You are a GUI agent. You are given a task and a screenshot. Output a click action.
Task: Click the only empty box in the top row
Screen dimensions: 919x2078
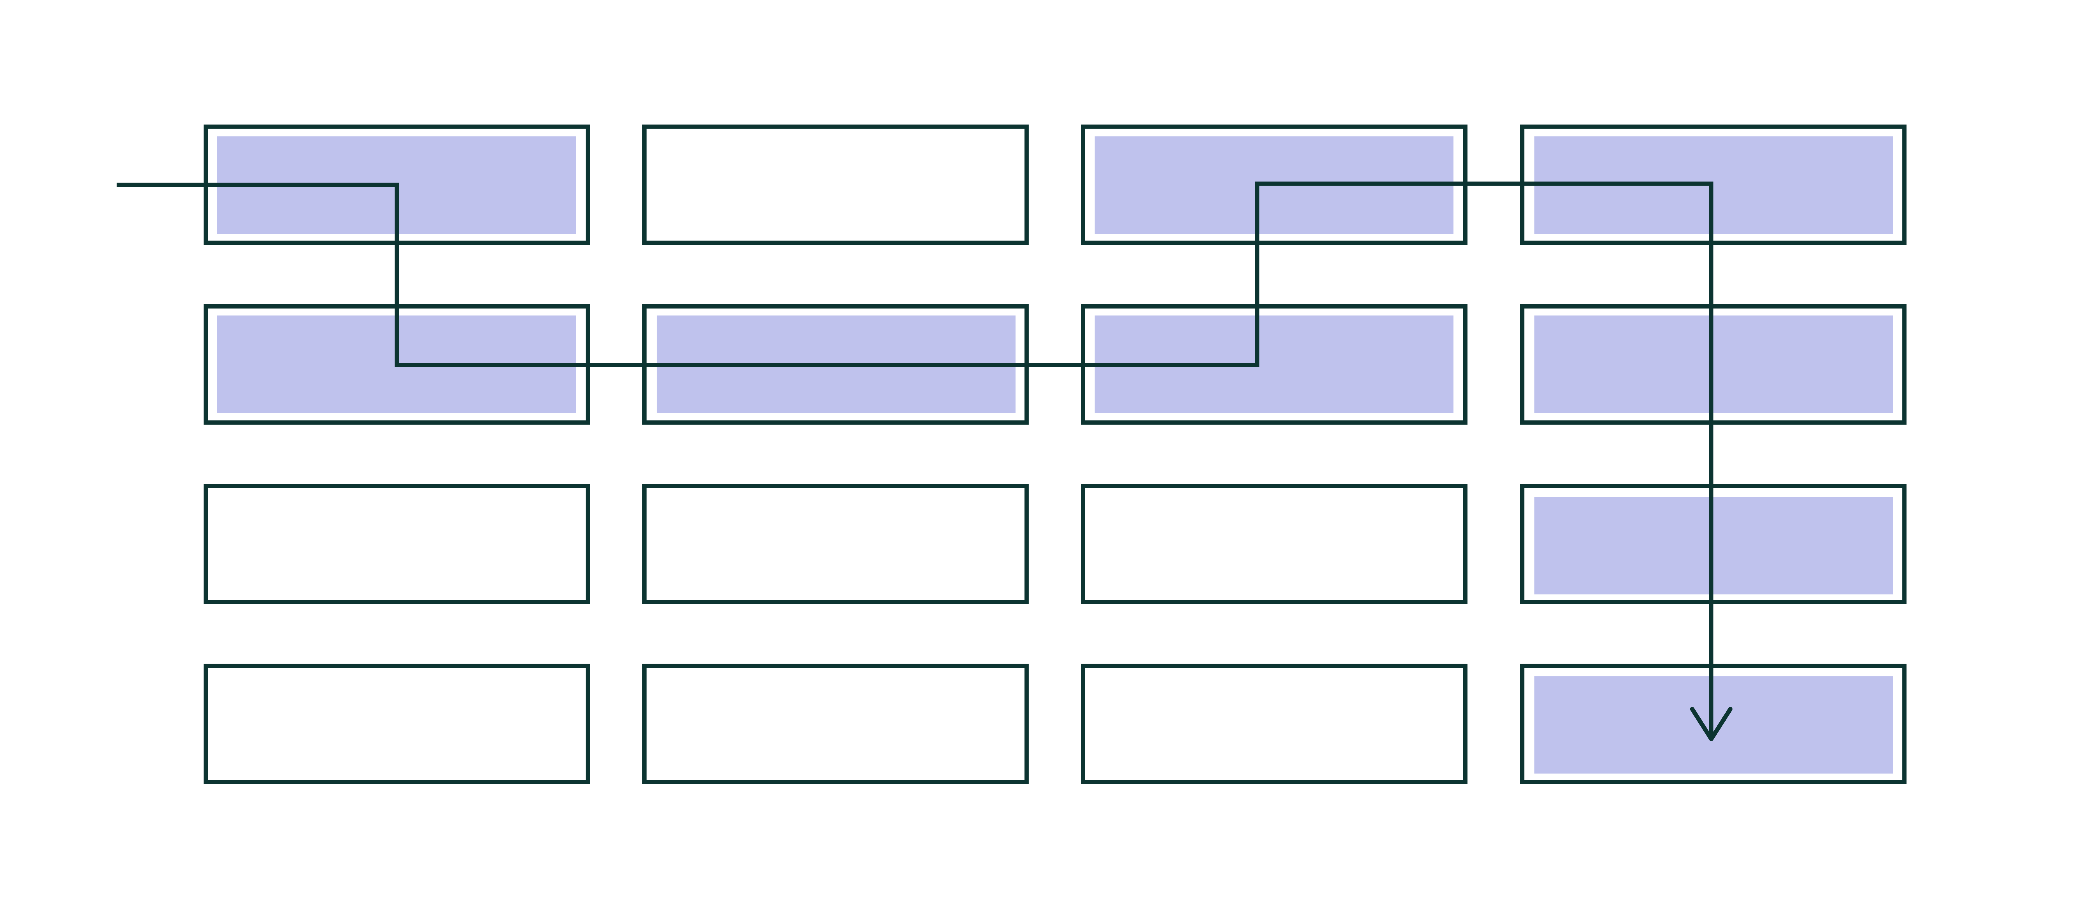pos(835,185)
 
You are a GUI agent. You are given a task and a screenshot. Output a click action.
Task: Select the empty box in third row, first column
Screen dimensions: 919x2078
pos(396,544)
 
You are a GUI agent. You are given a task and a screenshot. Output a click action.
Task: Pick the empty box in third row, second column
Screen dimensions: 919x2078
pos(835,544)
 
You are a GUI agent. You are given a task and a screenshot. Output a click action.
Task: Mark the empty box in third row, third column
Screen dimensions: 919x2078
pos(1274,544)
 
